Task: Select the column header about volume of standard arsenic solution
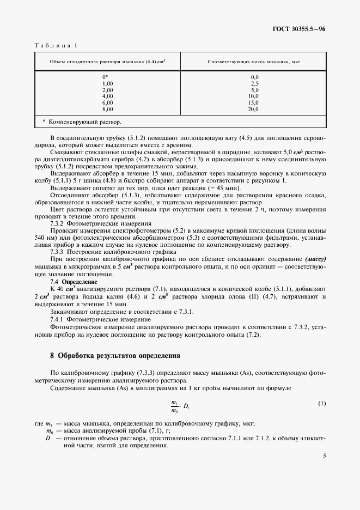(107, 62)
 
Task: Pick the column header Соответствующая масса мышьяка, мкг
(254, 62)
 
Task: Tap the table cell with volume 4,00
(107, 96)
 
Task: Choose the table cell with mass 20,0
(254, 109)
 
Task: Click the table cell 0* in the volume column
(106, 77)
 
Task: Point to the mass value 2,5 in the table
(254, 83)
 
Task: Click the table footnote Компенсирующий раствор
(82, 122)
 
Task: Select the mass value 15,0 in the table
(254, 102)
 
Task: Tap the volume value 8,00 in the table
(107, 109)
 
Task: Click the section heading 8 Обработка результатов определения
(115, 356)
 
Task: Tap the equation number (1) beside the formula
(321, 403)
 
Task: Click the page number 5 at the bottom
(324, 457)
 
